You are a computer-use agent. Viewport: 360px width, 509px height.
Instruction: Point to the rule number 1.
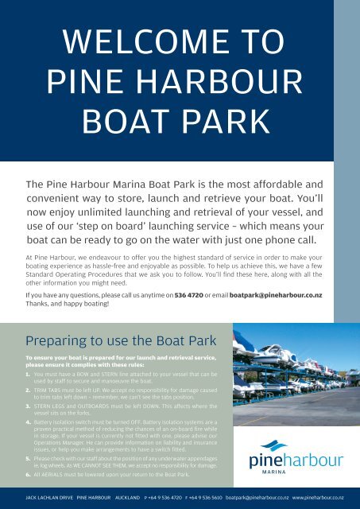pos(29,372)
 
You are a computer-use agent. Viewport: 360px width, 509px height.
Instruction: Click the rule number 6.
pos(29,472)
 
